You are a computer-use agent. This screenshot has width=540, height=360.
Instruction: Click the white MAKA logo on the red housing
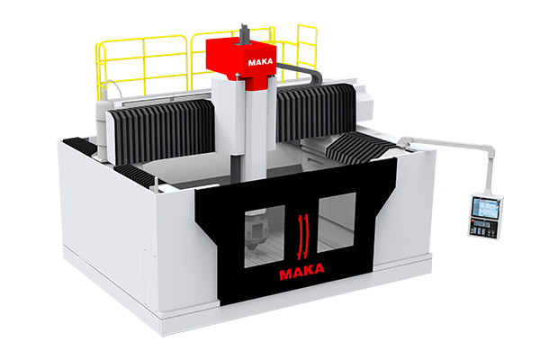click(x=260, y=62)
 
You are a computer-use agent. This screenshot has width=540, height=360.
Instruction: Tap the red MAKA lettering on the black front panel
click(x=301, y=271)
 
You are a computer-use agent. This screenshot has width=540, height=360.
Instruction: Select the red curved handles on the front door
click(x=302, y=237)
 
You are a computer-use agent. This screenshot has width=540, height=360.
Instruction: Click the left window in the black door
click(x=265, y=237)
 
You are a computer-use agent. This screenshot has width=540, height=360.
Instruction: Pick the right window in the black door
click(x=337, y=222)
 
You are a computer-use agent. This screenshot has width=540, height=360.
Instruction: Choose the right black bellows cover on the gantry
click(x=315, y=111)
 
